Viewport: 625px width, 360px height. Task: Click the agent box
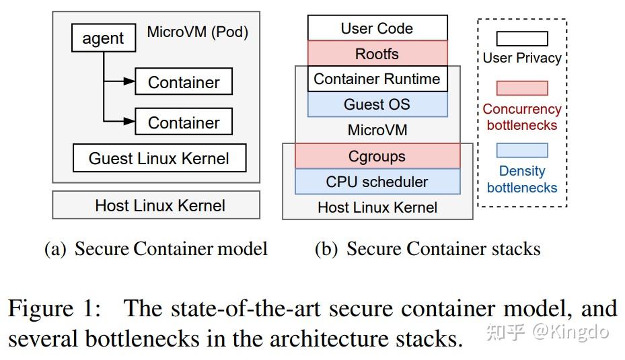point(103,39)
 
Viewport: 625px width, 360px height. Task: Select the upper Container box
point(184,82)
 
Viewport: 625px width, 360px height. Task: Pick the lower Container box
point(184,122)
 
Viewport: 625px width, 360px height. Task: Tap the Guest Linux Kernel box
point(159,159)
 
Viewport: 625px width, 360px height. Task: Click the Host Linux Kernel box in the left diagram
point(156,205)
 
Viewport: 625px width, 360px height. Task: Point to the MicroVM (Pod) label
point(197,32)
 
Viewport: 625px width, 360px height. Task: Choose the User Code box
point(377,28)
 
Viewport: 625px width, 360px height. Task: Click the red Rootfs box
point(377,53)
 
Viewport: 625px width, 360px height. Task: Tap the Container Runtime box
point(377,79)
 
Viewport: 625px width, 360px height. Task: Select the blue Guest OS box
point(377,104)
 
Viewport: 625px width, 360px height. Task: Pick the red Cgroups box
point(377,156)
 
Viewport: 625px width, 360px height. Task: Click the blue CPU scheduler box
point(377,182)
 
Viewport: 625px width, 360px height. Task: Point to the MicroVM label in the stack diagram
point(377,130)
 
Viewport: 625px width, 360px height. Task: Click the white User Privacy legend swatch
point(522,38)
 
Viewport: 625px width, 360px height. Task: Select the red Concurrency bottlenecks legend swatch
point(522,88)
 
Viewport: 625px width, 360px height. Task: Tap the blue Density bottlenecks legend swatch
point(522,150)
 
